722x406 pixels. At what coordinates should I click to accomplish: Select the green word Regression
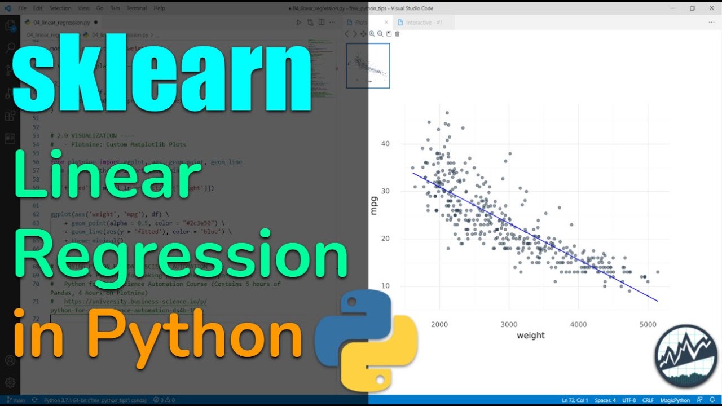[x=180, y=257]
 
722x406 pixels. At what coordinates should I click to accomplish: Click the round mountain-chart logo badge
[x=686, y=356]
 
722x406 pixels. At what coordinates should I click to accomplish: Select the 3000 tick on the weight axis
[x=509, y=324]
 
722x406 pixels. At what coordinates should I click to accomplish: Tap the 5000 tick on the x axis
[x=648, y=324]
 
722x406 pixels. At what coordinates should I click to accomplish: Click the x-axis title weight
[x=530, y=336]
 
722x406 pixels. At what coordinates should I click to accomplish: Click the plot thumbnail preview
[x=368, y=66]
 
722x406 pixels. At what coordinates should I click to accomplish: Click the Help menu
[x=159, y=8]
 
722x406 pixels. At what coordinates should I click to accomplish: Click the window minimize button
[x=673, y=8]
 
